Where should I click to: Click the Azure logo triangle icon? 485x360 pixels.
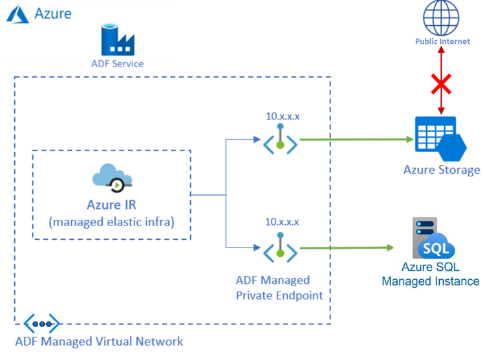coord(17,14)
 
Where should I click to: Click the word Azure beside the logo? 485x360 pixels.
coord(53,13)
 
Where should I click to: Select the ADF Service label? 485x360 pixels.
coord(117,64)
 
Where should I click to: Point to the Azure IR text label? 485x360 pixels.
coord(112,205)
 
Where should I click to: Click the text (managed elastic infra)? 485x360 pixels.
coord(112,222)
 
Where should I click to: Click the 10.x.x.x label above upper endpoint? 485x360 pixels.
coord(283,117)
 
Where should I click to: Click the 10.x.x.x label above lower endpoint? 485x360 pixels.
coord(283,222)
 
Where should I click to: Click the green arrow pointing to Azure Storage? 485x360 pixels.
coord(356,139)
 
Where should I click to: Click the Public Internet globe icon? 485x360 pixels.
coord(442,18)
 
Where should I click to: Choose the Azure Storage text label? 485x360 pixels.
coord(442,170)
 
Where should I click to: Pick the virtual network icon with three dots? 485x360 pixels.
coord(42,323)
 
